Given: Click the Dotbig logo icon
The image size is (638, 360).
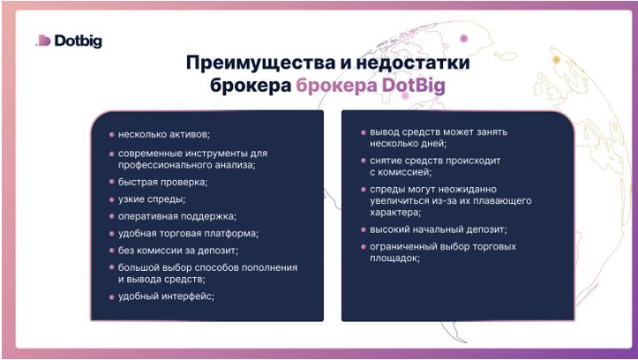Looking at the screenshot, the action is point(43,41).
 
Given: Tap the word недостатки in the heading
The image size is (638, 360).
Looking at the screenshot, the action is point(413,63).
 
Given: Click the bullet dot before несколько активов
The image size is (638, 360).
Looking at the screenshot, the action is point(111,134).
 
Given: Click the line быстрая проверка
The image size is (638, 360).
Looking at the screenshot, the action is point(162,183).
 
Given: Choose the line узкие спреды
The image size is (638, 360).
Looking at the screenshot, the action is point(152,199).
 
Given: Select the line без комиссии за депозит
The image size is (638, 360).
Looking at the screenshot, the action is point(178,251).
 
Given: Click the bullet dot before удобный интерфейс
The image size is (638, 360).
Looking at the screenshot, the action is point(111,297).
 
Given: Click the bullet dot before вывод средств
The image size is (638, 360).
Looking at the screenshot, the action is point(364,132).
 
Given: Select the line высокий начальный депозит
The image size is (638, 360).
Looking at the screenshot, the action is point(439,229).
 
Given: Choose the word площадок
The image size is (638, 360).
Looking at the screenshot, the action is point(394,259).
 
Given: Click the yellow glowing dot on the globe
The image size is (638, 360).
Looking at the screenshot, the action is point(556,60).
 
